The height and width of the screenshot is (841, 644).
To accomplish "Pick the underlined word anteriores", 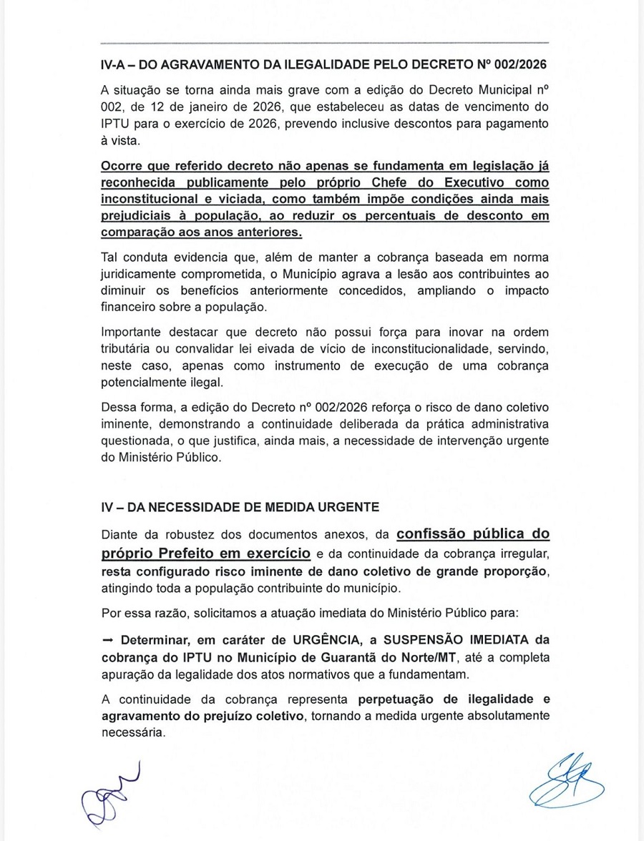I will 269,234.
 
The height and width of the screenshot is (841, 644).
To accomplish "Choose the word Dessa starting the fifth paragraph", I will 119,408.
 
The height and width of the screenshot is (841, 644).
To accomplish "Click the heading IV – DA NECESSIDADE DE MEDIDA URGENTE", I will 239,507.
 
